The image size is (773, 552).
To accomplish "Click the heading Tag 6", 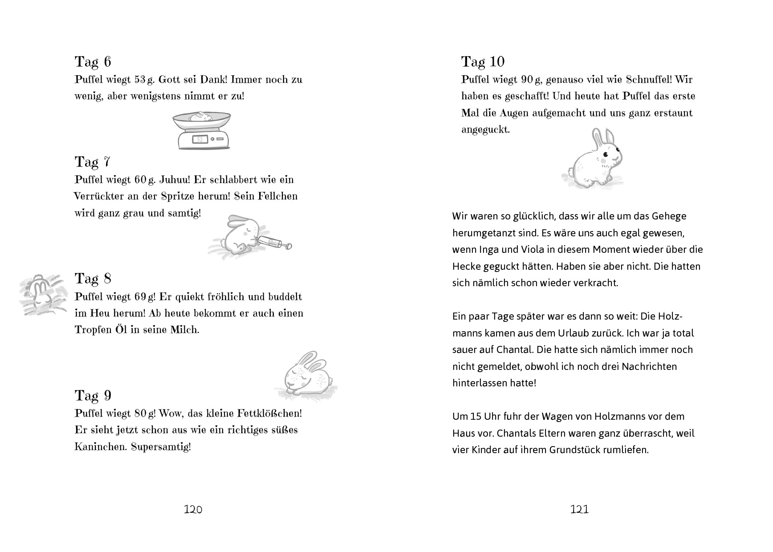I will click(93, 62).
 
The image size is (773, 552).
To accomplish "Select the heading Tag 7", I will click(92, 162).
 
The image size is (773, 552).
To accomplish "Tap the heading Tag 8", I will click(93, 279).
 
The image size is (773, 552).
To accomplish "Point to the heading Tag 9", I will click(93, 396).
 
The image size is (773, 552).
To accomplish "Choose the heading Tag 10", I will click(483, 62).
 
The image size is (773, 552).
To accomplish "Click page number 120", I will click(193, 509).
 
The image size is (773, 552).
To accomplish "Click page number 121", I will click(579, 509).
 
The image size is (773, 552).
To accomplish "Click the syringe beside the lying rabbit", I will click(273, 243).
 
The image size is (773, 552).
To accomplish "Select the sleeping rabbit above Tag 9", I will click(307, 375).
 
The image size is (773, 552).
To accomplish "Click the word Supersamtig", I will click(161, 446).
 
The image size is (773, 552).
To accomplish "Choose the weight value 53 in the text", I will click(140, 80).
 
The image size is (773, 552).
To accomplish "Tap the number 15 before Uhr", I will click(476, 417).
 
